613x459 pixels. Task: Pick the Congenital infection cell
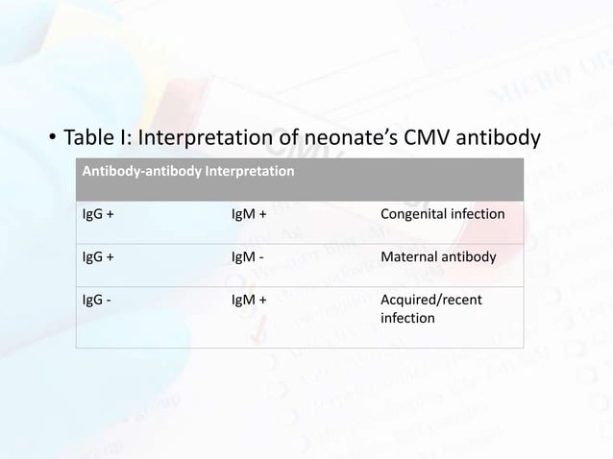(x=442, y=213)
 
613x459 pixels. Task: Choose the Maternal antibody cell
(x=438, y=257)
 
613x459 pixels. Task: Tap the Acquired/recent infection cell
(x=431, y=308)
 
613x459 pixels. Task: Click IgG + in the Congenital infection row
(x=96, y=213)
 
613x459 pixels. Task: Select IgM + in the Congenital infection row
(x=249, y=213)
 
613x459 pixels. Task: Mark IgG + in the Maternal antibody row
(x=96, y=257)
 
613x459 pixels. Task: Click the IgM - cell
(x=247, y=257)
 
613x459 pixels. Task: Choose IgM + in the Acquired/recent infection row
(x=249, y=301)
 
